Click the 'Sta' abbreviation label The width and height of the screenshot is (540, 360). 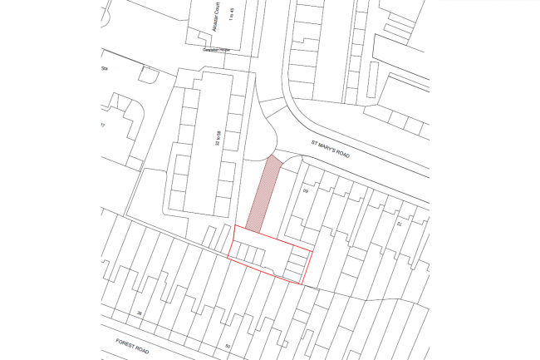(x=105, y=68)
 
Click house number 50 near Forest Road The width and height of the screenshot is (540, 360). (x=227, y=346)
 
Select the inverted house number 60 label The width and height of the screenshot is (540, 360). (x=305, y=192)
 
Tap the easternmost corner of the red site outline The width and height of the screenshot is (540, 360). (x=312, y=250)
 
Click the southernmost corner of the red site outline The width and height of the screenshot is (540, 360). (x=300, y=283)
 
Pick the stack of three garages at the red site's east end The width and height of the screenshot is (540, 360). (x=296, y=264)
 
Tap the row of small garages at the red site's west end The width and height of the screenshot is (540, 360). (x=248, y=251)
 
